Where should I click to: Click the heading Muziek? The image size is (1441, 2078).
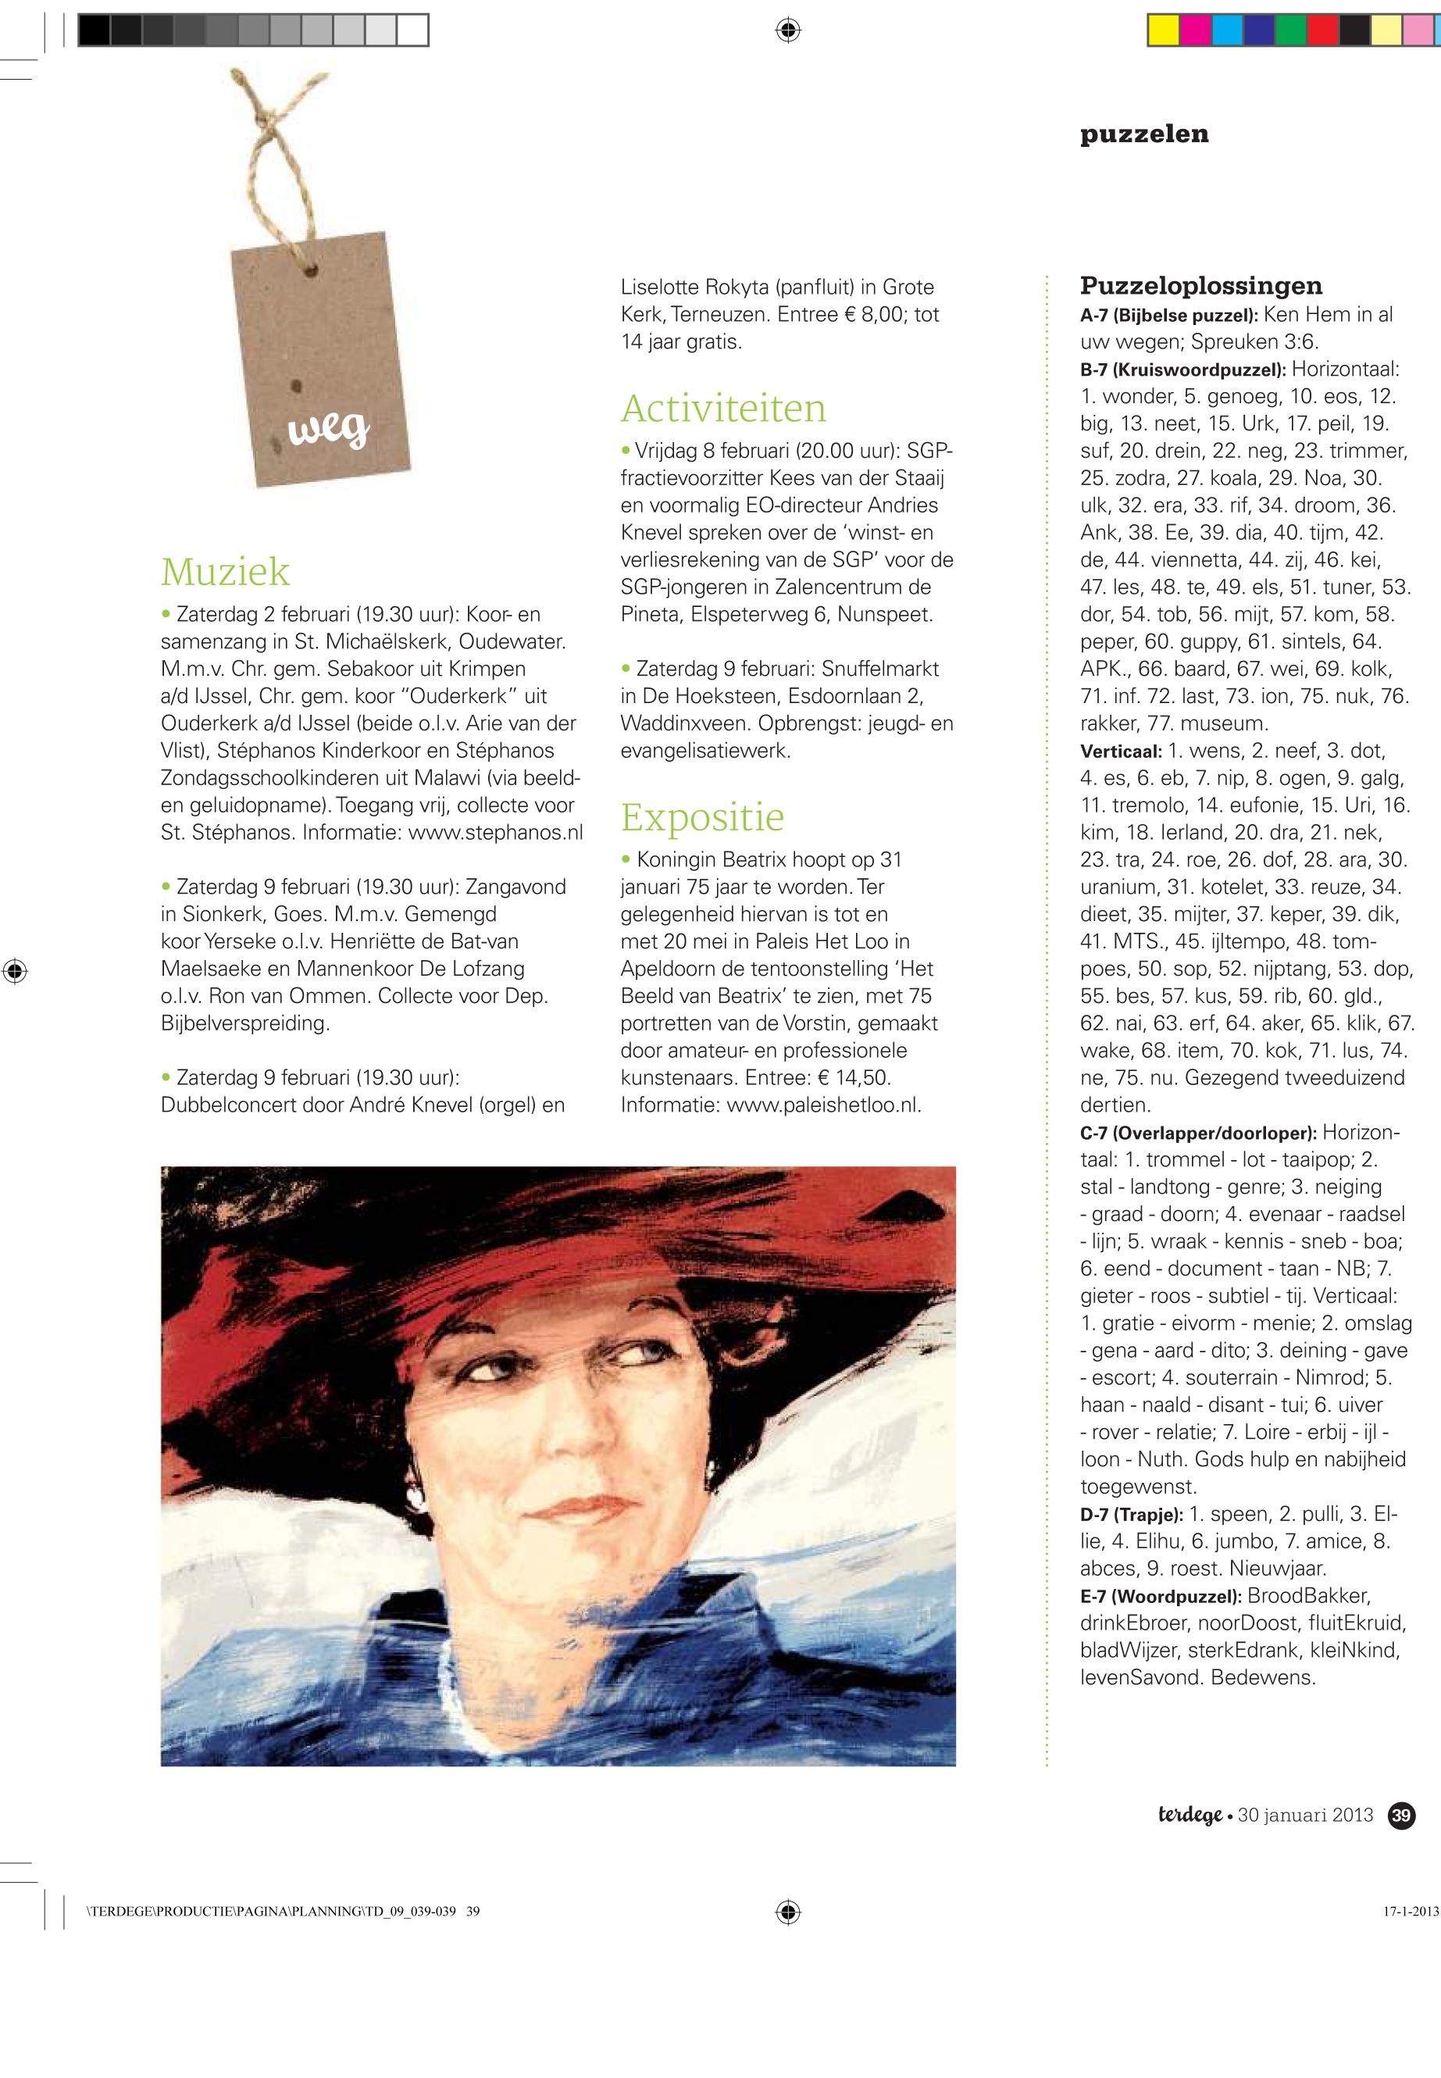click(x=225, y=572)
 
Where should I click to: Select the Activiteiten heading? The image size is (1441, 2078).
click(x=723, y=409)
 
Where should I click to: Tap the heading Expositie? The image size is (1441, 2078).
click(x=702, y=817)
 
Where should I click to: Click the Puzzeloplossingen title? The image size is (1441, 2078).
click(x=1201, y=286)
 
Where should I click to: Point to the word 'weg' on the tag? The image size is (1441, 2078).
click(x=329, y=432)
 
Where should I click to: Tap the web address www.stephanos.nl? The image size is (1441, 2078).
click(x=496, y=832)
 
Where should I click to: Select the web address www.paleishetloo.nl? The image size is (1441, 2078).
click(x=823, y=1105)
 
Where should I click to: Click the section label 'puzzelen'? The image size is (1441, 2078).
click(x=1144, y=134)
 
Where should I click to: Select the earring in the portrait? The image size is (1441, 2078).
click(x=418, y=1500)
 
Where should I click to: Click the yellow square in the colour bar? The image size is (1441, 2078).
click(x=1162, y=30)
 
